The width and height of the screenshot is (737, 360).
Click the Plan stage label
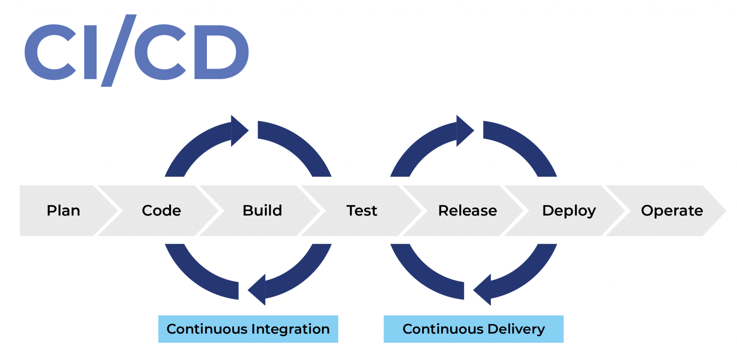(63, 211)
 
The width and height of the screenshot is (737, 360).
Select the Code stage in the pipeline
(161, 211)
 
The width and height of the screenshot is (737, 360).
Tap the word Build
(262, 211)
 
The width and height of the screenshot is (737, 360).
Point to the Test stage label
(362, 211)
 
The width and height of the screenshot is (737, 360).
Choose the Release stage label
(467, 211)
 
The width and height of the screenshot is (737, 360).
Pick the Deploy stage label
(569, 211)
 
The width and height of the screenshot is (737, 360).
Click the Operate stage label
(672, 211)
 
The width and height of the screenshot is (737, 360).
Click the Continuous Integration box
(248, 329)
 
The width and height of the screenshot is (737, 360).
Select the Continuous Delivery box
(473, 329)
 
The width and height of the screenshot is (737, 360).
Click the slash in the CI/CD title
(119, 50)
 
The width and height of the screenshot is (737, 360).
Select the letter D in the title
(220, 52)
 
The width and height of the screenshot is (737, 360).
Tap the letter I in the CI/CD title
(90, 52)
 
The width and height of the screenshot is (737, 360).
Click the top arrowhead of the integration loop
(239, 131)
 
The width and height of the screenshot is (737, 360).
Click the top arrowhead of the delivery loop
(464, 131)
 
